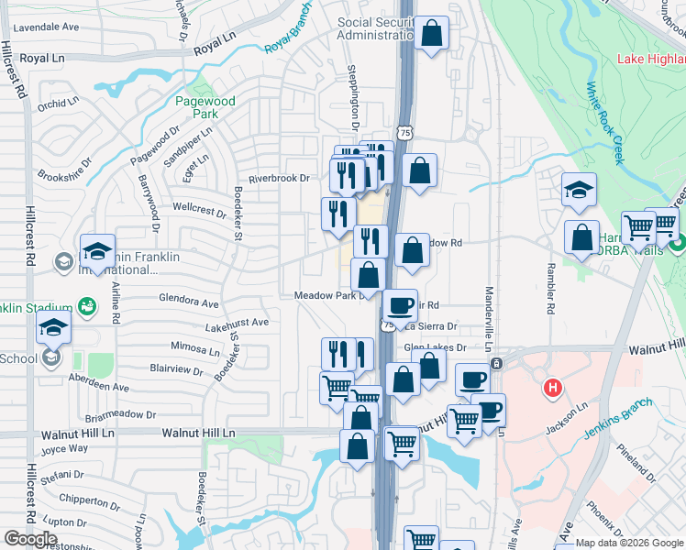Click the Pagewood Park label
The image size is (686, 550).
click(x=206, y=107)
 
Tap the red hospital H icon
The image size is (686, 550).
click(x=551, y=389)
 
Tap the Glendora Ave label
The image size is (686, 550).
click(x=189, y=302)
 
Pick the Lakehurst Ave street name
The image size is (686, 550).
click(x=237, y=323)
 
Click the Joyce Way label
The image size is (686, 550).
click(x=64, y=449)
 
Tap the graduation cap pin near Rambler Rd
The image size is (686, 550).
click(x=579, y=190)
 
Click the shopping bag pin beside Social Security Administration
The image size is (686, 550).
click(x=431, y=34)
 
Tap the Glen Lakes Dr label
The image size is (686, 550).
click(x=437, y=347)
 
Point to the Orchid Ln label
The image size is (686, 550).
click(x=58, y=104)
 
